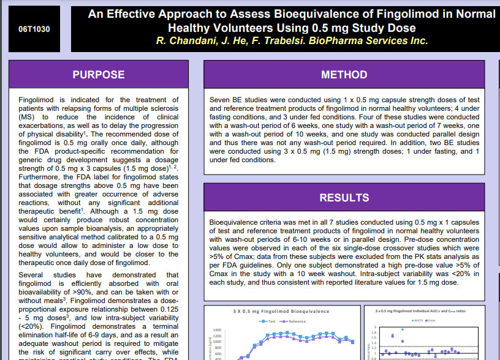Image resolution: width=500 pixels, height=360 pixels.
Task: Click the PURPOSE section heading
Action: (x=98, y=75)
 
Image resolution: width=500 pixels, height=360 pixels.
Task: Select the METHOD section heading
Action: (x=344, y=75)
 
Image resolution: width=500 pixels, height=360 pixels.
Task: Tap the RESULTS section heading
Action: (x=344, y=198)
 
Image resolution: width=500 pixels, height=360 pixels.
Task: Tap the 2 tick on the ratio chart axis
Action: (x=376, y=327)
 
